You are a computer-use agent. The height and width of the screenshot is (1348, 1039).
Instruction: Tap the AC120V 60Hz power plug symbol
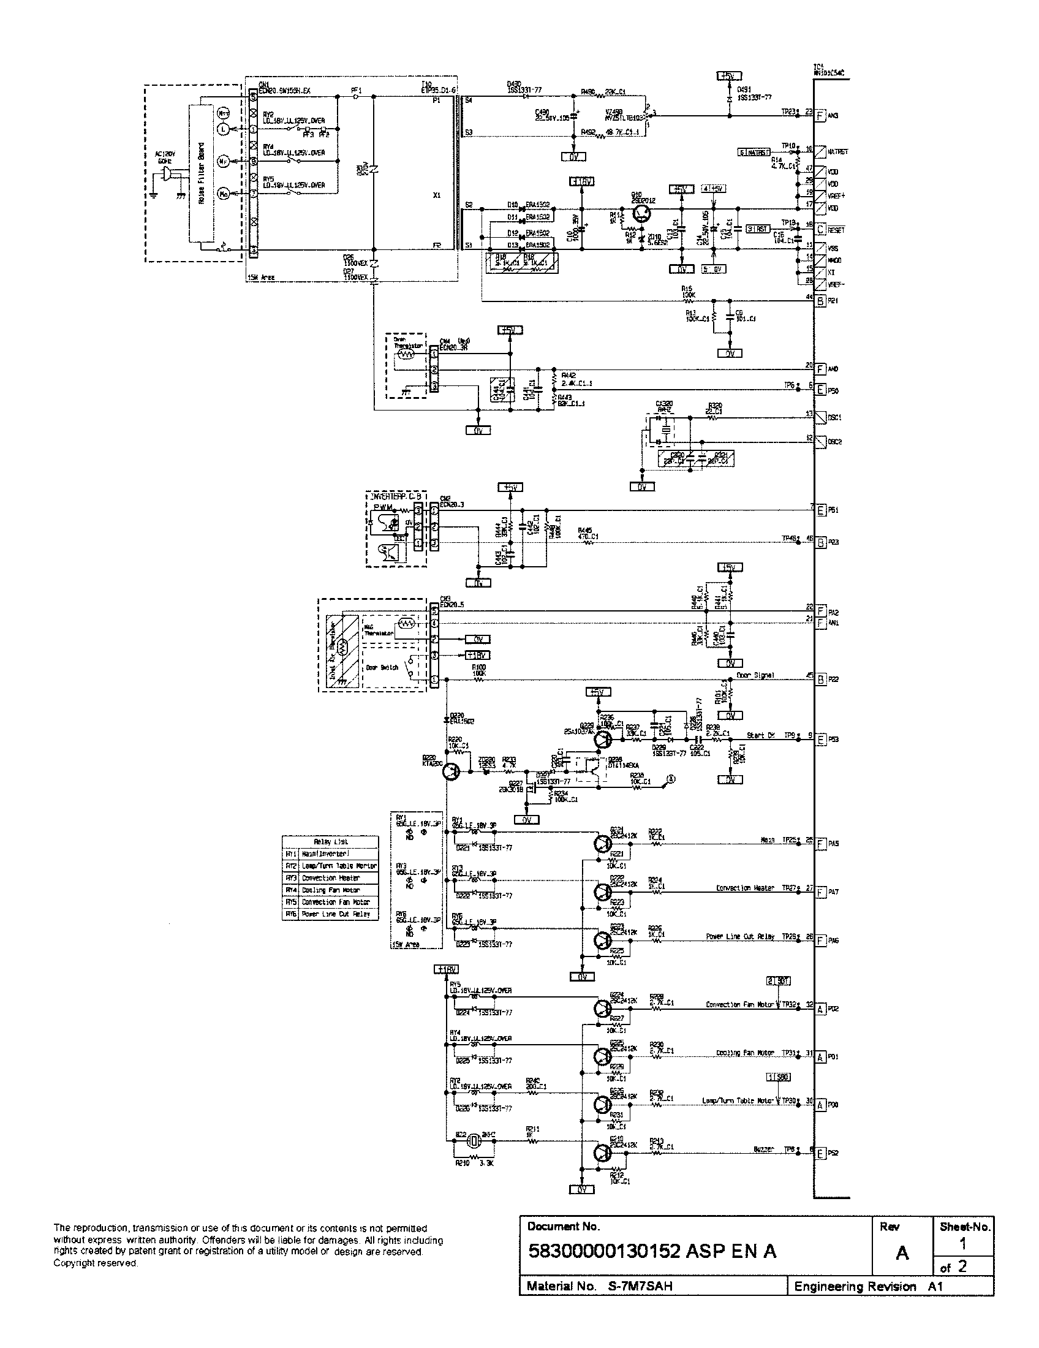pos(165,178)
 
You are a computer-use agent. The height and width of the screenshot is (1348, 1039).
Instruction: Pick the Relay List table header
pos(331,841)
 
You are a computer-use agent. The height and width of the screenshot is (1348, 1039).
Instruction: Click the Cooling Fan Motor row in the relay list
pos(331,890)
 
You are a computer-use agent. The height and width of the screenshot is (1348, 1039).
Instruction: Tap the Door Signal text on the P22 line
pos(755,675)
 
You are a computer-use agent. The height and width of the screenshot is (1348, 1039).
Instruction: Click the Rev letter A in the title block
pos(901,1253)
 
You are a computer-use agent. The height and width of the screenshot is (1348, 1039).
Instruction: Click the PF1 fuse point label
pos(356,90)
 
